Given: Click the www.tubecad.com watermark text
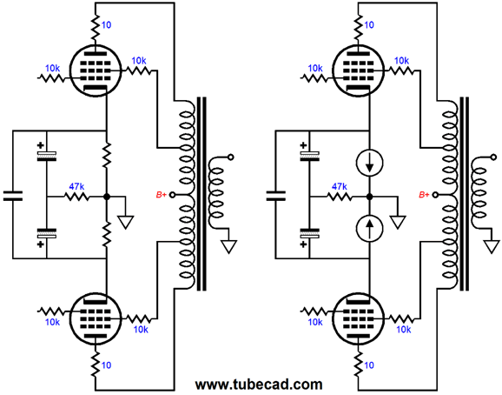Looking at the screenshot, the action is click(x=259, y=384).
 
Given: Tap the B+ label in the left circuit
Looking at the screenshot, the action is click(x=161, y=195).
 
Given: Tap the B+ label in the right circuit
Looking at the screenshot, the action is click(x=424, y=195).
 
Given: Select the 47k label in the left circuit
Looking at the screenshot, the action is click(x=76, y=186).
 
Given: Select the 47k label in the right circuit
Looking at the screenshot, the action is click(x=340, y=186).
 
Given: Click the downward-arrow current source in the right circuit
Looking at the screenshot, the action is click(x=370, y=164).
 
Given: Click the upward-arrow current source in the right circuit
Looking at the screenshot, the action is click(x=370, y=228).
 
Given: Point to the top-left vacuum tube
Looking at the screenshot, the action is click(x=96, y=70).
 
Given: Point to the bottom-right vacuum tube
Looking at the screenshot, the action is click(x=358, y=318).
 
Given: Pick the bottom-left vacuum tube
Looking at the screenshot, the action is click(x=96, y=318).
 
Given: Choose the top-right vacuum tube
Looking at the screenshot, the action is click(x=358, y=70).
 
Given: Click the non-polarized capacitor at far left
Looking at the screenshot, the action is click(x=13, y=196).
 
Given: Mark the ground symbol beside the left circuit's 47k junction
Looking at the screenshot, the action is click(x=125, y=223).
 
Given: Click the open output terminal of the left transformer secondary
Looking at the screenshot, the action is click(x=230, y=157).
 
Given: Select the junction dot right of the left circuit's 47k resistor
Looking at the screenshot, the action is click(x=107, y=197).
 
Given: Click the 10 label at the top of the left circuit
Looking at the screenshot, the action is click(x=106, y=25).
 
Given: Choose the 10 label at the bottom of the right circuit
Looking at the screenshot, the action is click(x=369, y=365).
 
